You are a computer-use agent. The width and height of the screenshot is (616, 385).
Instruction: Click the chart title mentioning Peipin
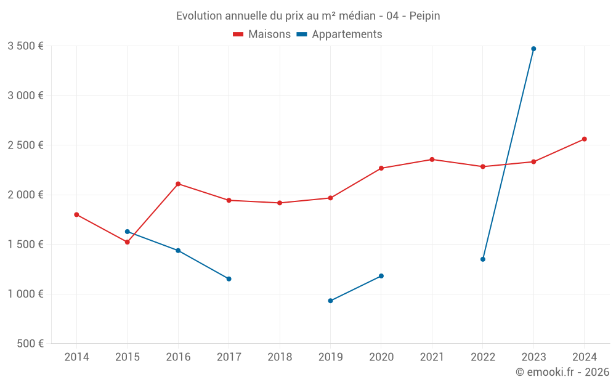[x=308, y=16]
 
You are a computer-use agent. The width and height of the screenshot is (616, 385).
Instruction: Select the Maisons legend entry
[x=262, y=34]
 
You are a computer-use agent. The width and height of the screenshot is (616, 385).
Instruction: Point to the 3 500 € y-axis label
[x=25, y=46]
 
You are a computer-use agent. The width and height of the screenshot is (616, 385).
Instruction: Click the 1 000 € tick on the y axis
[x=25, y=294]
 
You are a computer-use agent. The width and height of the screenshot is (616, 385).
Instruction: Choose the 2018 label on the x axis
[x=280, y=357]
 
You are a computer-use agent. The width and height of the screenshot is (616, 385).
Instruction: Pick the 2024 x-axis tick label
[x=584, y=357]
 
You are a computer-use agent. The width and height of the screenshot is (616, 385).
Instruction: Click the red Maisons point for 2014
[x=76, y=214]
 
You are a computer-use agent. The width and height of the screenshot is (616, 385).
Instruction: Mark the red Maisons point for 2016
[x=178, y=184]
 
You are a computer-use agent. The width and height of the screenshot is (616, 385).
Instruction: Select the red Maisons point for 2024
[x=584, y=139]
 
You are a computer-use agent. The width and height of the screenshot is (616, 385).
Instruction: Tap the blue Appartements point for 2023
[x=533, y=49]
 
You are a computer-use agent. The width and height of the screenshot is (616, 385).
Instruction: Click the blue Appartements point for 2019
[x=330, y=301]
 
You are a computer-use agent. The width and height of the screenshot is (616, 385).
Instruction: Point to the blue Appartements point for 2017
[x=229, y=279]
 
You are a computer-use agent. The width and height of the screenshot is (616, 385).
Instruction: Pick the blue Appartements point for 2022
[x=483, y=259]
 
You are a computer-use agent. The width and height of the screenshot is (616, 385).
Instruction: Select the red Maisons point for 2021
[x=432, y=160]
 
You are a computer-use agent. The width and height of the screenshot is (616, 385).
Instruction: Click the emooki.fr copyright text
[x=562, y=372]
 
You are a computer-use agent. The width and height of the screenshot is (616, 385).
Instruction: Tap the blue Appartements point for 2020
[x=381, y=276]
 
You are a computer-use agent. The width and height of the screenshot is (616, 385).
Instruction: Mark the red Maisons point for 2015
[x=127, y=242]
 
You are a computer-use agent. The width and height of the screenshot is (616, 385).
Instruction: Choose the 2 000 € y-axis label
[x=25, y=195]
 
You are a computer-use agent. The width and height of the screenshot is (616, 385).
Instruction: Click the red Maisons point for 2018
[x=280, y=203]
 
